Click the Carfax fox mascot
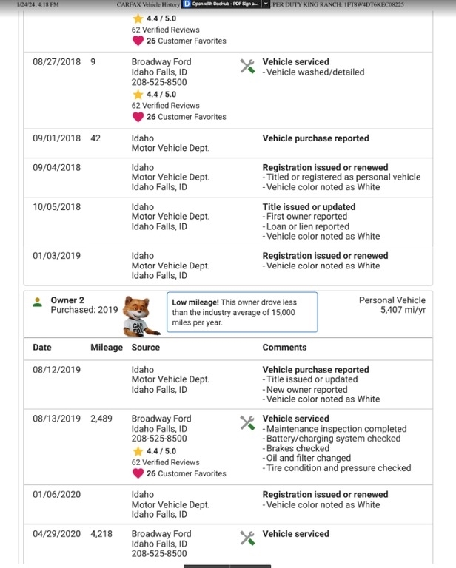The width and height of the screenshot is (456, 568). point(138,316)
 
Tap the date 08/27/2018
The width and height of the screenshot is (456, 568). point(56,62)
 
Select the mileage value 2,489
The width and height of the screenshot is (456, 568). point(101,419)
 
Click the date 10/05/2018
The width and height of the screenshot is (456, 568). point(56,207)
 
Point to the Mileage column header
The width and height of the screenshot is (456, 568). point(107,347)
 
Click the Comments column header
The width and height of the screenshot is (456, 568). point(284,347)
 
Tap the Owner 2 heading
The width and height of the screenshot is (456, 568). point(67,300)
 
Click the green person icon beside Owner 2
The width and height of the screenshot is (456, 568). point(37,302)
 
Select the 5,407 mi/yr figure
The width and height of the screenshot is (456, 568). point(403,310)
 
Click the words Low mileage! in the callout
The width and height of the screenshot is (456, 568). point(194,302)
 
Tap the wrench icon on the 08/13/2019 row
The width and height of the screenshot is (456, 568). point(247,422)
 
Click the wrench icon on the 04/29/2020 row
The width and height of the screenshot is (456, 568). point(247,538)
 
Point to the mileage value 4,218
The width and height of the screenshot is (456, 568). point(101,534)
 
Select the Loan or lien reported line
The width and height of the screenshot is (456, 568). point(307,227)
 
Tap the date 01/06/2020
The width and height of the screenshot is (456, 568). point(56,495)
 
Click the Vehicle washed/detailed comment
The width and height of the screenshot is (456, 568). point(315,72)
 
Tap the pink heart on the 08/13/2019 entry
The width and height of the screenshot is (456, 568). point(137,473)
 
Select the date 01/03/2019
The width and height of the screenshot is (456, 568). point(56,256)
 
